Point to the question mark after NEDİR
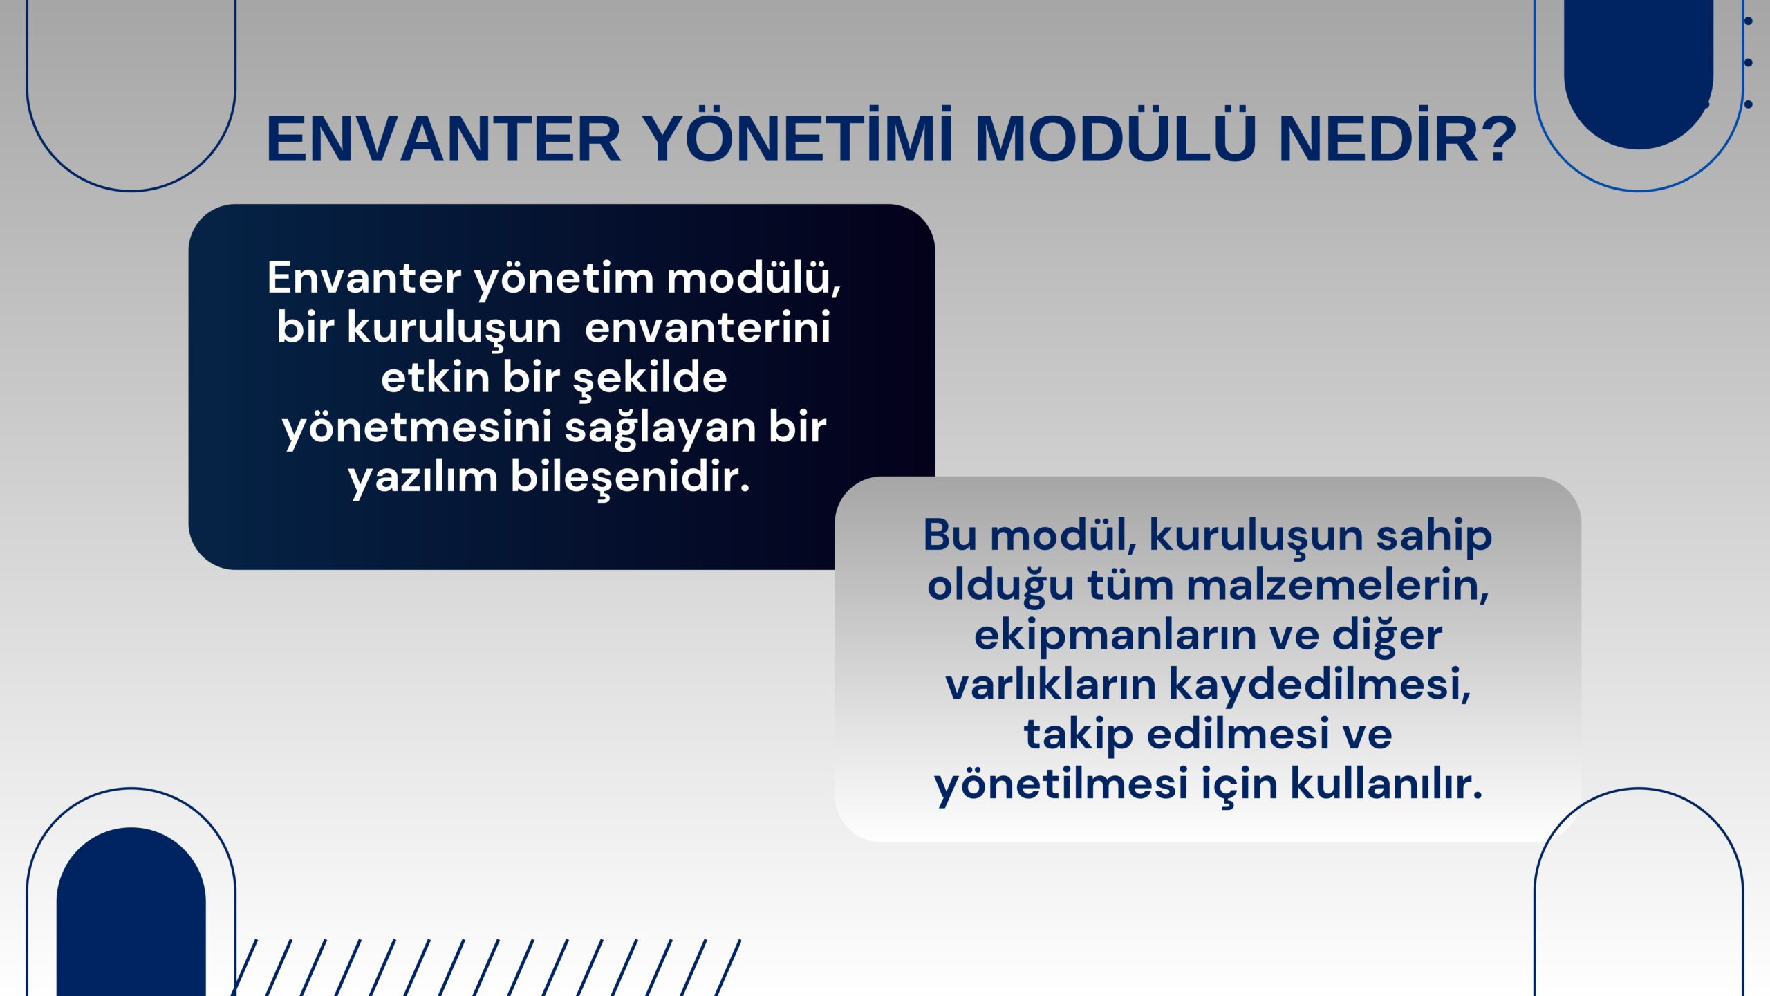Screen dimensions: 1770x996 pos(1493,138)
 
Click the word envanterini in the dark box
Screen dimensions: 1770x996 pos(707,327)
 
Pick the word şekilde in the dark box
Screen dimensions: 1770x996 pos(650,378)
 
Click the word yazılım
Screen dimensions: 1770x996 pos(422,478)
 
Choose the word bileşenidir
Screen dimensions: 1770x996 pos(631,477)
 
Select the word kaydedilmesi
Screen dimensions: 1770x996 pos(1319,685)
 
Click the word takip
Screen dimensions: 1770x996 pos(1078,735)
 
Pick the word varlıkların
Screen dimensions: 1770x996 pos(1050,685)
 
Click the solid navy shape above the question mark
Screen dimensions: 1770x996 pos(1639,69)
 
